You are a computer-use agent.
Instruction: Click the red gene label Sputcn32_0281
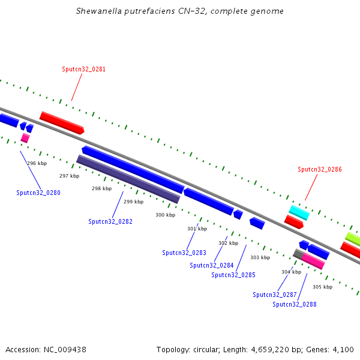click(x=83, y=69)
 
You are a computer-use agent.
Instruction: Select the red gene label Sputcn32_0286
click(x=320, y=169)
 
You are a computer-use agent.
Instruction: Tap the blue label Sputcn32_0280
click(x=38, y=193)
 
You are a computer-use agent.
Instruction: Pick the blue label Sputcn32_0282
click(x=110, y=221)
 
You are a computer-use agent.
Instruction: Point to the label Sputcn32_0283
click(x=184, y=253)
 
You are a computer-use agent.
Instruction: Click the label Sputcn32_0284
click(x=212, y=265)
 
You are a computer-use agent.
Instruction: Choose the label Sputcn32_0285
click(x=233, y=275)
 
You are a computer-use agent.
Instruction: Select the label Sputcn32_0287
click(x=275, y=295)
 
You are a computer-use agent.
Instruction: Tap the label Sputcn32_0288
click(x=295, y=304)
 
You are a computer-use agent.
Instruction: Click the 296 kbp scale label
click(x=37, y=163)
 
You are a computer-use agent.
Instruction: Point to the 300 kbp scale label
click(x=165, y=215)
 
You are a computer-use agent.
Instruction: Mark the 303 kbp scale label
click(x=260, y=257)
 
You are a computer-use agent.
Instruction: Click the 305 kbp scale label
click(x=322, y=287)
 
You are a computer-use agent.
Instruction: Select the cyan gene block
click(x=299, y=212)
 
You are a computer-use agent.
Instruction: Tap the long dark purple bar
click(x=128, y=178)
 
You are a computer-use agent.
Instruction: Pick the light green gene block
click(x=353, y=239)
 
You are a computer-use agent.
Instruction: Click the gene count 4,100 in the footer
click(x=344, y=349)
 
